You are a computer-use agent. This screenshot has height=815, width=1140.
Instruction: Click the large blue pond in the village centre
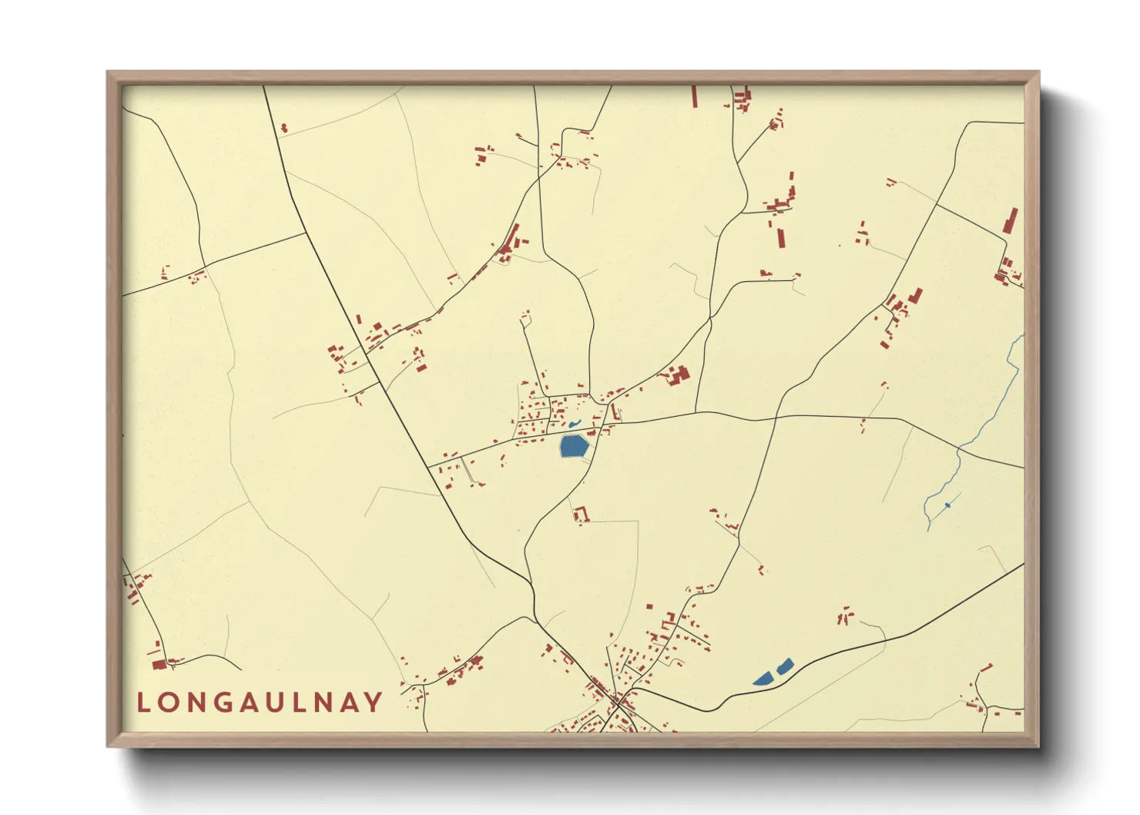(574, 446)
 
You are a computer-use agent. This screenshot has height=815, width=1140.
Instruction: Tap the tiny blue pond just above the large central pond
(575, 424)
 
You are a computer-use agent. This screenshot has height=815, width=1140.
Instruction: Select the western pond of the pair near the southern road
(763, 679)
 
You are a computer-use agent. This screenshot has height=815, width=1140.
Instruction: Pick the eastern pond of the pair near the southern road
(785, 666)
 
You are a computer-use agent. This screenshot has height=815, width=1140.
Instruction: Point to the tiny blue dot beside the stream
(947, 505)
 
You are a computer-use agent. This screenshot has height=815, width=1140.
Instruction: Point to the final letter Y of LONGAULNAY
(374, 703)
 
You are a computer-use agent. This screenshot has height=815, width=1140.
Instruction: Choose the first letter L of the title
(142, 703)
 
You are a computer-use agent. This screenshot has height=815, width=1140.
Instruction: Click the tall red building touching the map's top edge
(694, 96)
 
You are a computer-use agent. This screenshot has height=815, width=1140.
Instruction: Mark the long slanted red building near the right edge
(1010, 221)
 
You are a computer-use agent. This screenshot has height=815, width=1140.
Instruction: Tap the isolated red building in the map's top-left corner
(283, 128)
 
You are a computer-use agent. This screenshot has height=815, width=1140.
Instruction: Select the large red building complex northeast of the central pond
(678, 376)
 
